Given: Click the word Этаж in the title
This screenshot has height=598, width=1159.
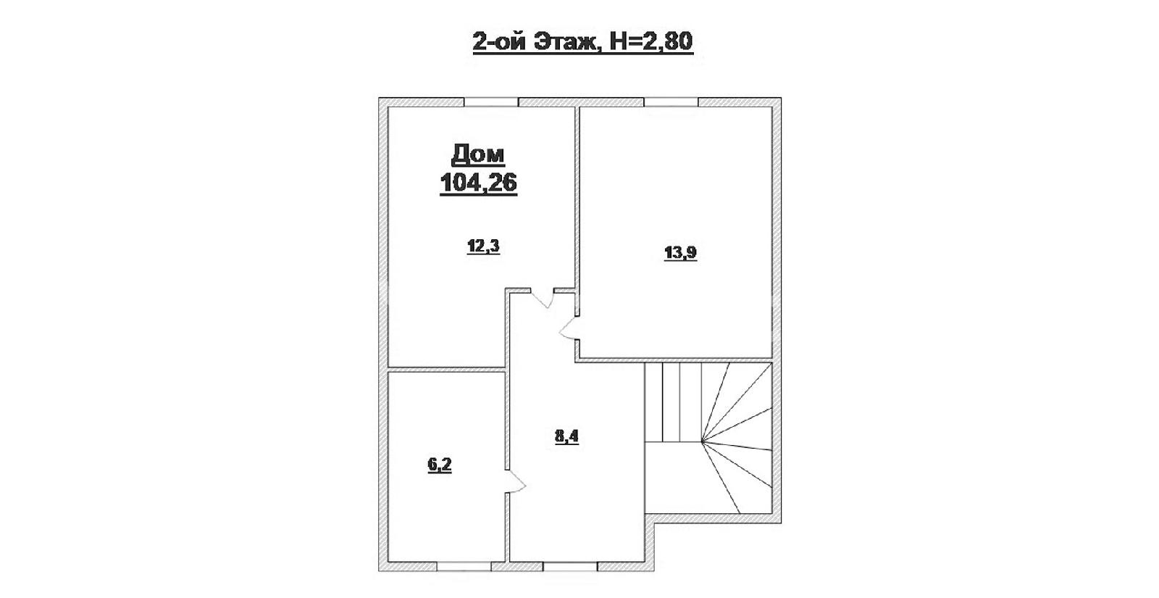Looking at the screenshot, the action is pos(566,42).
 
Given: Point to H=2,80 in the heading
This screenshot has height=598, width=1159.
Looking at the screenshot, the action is pos(651,41).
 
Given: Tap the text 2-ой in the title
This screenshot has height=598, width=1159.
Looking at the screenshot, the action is pos(499,42).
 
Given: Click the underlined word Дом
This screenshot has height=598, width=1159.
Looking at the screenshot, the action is pos(478,154).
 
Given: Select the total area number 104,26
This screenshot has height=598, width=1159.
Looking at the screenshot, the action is pos(478,182).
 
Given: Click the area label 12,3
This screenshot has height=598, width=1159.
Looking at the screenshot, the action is pos(483,246).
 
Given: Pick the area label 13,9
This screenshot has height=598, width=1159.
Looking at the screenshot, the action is pos(680,253).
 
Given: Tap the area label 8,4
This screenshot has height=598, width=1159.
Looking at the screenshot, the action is pos(566,436).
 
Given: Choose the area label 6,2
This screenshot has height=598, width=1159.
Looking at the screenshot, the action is pos(439,465).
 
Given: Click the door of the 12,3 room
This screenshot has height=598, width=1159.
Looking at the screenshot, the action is pos(543,298).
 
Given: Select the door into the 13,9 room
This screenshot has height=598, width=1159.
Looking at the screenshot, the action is pos(570,328).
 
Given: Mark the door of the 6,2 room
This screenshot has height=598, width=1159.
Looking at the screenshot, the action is pos(516,481).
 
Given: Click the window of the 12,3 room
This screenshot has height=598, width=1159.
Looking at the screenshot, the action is pos(491,102).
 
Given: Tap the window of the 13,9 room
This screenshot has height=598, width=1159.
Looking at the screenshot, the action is pos(671,102).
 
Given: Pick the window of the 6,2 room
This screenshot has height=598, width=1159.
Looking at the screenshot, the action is pos(464,566).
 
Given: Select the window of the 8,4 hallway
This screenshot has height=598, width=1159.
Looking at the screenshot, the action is pos(571,566).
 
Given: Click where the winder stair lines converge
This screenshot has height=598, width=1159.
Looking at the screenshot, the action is pos(702,441).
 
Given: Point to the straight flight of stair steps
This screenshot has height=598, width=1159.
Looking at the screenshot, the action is pos(673,402).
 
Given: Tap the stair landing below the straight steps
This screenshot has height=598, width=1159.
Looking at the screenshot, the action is pos(673,478).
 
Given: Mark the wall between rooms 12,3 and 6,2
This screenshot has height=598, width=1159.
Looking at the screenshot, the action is pos(446,370).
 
